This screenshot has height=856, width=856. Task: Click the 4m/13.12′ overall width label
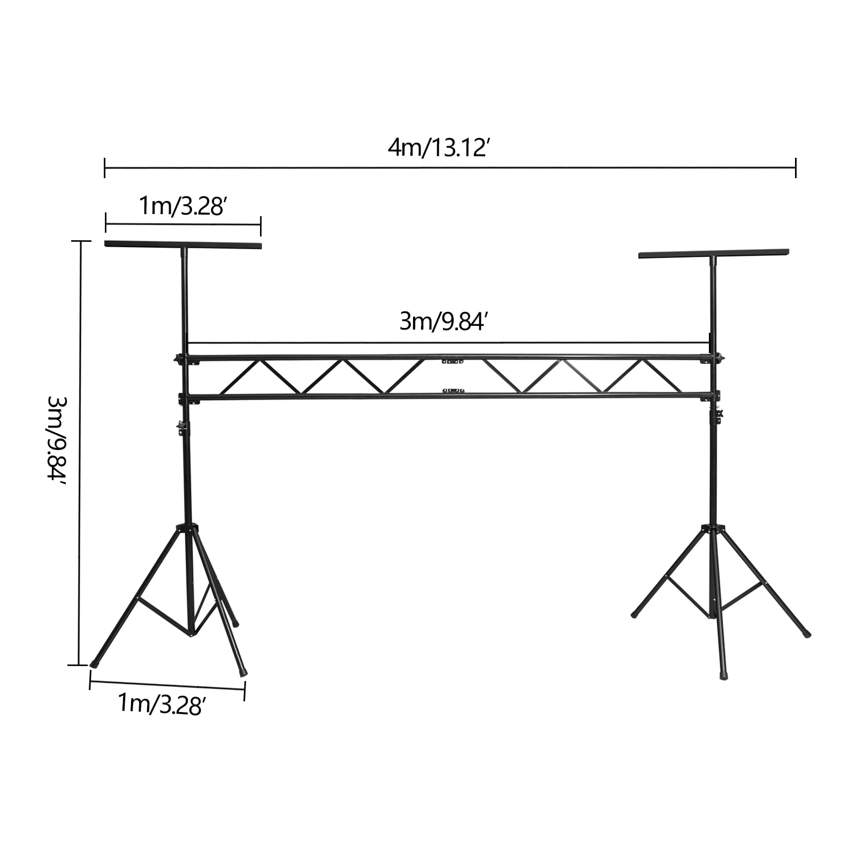pyautogui.click(x=437, y=147)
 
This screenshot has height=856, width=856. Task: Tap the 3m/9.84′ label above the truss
pyautogui.click(x=442, y=322)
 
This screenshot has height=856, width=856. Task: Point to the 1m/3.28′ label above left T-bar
pyautogui.click(x=181, y=206)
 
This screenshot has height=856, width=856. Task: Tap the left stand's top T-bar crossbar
pyautogui.click(x=183, y=246)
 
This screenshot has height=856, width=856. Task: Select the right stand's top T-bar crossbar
pyautogui.click(x=714, y=253)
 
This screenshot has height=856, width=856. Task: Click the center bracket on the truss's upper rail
pyautogui.click(x=452, y=361)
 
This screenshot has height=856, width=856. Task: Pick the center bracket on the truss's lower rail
pyautogui.click(x=453, y=391)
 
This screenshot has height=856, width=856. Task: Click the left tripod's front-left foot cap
pyautogui.click(x=95, y=662)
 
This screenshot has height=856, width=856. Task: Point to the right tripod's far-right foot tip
pyautogui.click(x=807, y=634)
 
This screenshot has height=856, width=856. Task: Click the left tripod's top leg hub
pyautogui.click(x=187, y=528)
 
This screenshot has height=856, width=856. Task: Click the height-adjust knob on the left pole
pyautogui.click(x=181, y=426)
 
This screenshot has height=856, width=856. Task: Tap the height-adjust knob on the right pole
pyautogui.click(x=718, y=415)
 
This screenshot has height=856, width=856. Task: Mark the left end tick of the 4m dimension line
pyautogui.click(x=105, y=167)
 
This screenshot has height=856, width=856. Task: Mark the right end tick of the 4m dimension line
pyautogui.click(x=796, y=167)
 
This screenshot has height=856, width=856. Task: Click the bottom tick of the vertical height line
pyautogui.click(x=79, y=665)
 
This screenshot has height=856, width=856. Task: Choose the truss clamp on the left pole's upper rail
pyautogui.click(x=180, y=358)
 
